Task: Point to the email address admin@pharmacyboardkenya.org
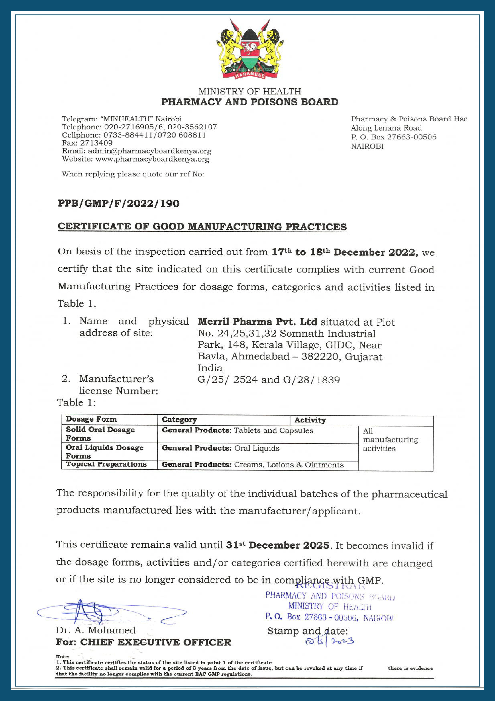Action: click(x=149, y=151)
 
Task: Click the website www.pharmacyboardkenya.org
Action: click(x=152, y=159)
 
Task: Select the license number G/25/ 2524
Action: click(x=227, y=380)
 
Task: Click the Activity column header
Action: click(x=310, y=420)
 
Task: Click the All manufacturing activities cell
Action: click(x=390, y=440)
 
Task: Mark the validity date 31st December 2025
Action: click(x=278, y=545)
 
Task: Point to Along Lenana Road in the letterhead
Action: click(x=386, y=128)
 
